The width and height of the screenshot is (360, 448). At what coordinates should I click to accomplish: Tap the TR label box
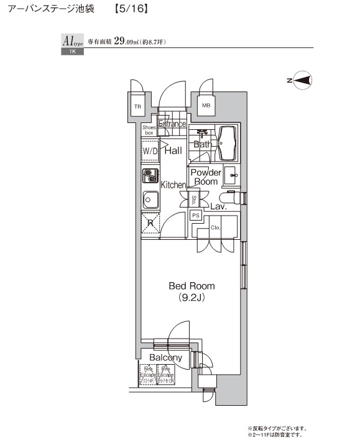(137, 106)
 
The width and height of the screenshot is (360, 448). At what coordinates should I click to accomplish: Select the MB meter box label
(206, 106)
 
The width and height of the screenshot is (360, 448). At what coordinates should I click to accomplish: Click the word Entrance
(172, 124)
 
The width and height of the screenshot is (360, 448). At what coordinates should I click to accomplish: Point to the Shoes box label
(149, 130)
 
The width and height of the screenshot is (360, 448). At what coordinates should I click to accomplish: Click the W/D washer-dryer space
(150, 151)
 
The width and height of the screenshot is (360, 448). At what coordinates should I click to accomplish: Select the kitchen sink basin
(150, 200)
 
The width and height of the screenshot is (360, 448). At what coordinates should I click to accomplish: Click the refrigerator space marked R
(150, 224)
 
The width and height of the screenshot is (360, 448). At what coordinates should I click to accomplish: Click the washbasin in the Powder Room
(231, 175)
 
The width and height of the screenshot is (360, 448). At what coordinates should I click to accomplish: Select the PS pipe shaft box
(195, 216)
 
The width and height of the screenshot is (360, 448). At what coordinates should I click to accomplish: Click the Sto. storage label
(194, 199)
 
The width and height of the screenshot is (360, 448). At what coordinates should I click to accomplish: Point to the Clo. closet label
(216, 227)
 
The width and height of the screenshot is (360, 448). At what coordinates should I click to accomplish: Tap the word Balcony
(165, 357)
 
